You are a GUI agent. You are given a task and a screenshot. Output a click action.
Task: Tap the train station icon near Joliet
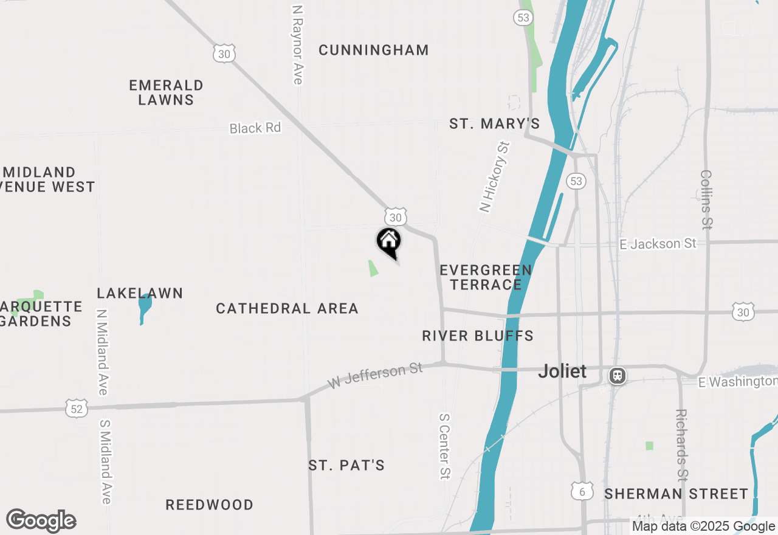[618, 376]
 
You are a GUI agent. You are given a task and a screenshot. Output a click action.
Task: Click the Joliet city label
[562, 371]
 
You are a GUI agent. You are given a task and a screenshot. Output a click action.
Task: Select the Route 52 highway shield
[77, 409]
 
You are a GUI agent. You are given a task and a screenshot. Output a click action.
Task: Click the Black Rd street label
[255, 128]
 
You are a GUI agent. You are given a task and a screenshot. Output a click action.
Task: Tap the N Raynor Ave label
[297, 46]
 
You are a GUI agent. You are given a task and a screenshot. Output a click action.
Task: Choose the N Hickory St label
[494, 177]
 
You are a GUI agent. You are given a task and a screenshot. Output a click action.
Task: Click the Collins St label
[706, 199]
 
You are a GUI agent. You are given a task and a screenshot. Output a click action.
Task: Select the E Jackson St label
[658, 244]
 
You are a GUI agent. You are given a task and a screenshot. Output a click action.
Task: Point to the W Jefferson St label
[375, 374]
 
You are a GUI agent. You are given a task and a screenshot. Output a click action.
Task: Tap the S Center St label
[445, 446]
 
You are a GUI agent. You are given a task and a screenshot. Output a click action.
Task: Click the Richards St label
[682, 444]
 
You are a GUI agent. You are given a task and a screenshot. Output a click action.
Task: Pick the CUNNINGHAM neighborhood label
[374, 50]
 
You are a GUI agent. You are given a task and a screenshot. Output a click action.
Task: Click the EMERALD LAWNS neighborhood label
[166, 92]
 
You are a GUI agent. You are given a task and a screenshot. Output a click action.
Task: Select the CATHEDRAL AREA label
[287, 309]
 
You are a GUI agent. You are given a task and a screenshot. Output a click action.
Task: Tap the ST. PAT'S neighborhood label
[346, 466]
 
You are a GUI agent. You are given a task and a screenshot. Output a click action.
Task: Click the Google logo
[41, 521]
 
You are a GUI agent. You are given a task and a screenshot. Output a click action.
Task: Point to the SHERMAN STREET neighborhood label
[676, 494]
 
